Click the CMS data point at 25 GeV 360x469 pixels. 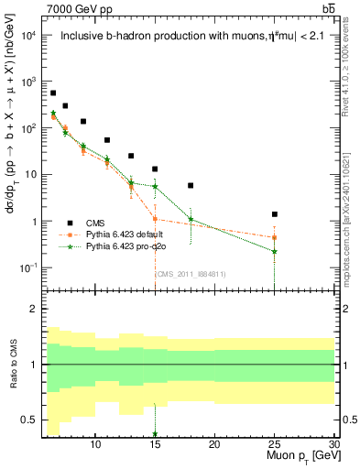tap(274, 214)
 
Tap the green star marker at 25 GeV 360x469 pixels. tap(274, 251)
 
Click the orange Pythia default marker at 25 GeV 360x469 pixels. tap(274, 237)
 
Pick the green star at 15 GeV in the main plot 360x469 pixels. tap(155, 186)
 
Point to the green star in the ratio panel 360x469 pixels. tap(155, 434)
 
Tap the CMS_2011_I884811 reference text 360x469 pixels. tap(190, 273)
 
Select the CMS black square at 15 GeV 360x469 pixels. tap(155, 169)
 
